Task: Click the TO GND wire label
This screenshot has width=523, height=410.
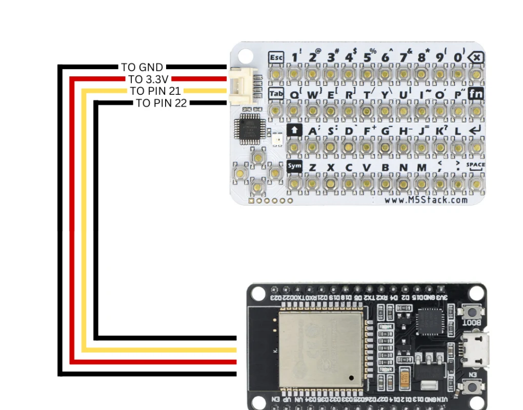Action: coord(142,67)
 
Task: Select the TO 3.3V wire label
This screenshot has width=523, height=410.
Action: coord(149,79)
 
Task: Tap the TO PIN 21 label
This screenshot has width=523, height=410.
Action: coord(155,91)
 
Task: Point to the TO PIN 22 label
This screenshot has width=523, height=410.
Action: coord(162,103)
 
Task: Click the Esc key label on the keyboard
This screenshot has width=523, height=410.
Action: coord(276,57)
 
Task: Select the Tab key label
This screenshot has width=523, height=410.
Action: coord(276,94)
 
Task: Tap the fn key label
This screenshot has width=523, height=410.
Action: coord(476,94)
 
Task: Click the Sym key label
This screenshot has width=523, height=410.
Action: coord(294,166)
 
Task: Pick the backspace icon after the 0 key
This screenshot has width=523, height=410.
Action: coord(476,57)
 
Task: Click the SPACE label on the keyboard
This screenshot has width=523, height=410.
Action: coord(475,165)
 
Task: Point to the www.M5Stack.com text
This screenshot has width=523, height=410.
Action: coord(426,200)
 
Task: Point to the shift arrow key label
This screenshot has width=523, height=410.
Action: coord(294,130)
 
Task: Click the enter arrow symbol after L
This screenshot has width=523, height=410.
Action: coord(475,130)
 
